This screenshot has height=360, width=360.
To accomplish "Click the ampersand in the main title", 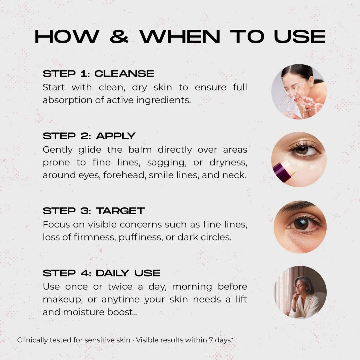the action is point(119,37).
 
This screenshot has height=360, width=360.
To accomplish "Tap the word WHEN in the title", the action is point(180,37).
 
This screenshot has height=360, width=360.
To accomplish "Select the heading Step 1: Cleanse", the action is point(98,74).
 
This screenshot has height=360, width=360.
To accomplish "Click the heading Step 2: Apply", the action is point(89,136).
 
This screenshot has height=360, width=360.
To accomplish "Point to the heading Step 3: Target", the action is point(94,211).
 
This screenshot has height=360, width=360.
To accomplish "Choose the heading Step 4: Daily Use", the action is point(101,273).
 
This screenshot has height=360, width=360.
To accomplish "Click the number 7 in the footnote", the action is point(211,340).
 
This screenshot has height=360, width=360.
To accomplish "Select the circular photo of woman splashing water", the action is point(299,92).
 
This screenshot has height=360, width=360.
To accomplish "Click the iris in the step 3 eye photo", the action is point(301,223).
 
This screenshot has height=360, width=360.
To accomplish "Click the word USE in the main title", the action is point(299,37).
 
